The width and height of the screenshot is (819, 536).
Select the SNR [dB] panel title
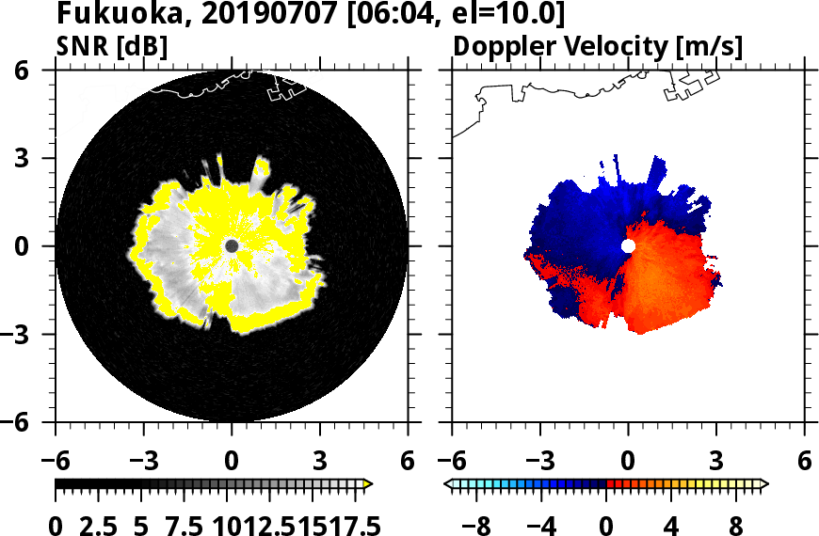(x=112, y=45)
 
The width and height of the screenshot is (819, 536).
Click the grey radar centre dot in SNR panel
(x=232, y=245)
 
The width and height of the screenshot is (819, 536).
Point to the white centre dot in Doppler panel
(x=628, y=245)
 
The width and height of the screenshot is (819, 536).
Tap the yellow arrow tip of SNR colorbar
(x=368, y=484)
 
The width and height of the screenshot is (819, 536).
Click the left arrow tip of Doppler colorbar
(x=448, y=484)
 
